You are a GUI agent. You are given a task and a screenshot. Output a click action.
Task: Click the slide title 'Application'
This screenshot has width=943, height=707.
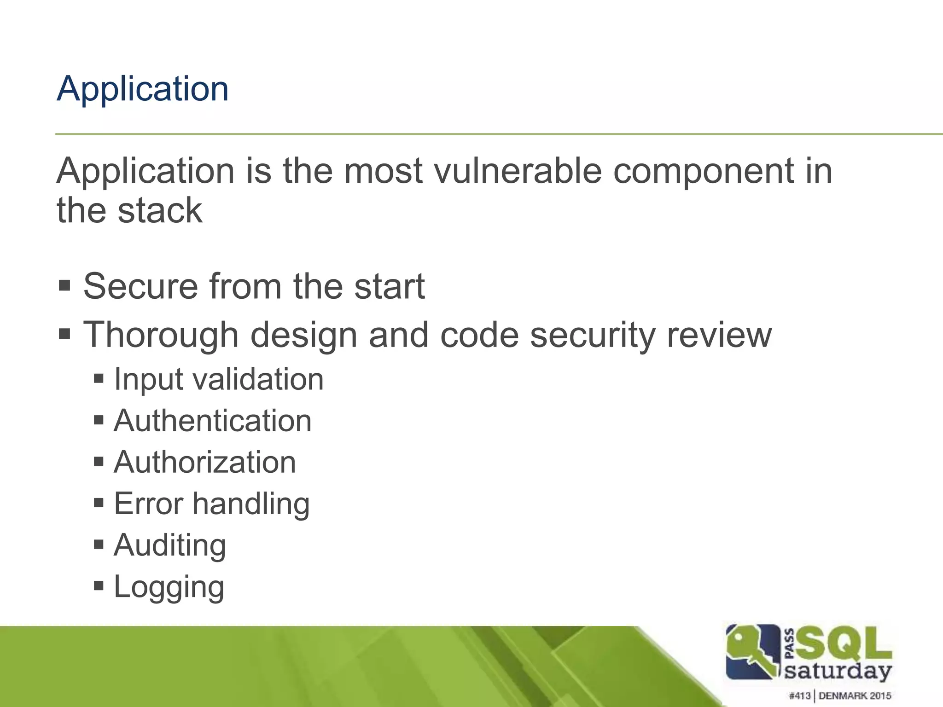(142, 89)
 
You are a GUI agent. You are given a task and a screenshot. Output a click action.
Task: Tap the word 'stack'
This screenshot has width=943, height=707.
(160, 211)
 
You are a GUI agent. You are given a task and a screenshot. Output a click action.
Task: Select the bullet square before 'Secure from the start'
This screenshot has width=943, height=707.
(64, 285)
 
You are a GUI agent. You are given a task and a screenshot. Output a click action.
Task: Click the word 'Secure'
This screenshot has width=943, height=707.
(140, 286)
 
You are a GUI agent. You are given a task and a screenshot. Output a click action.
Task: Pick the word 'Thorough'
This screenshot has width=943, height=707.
(161, 335)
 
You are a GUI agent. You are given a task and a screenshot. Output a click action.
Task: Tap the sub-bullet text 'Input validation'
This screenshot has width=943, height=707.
(219, 380)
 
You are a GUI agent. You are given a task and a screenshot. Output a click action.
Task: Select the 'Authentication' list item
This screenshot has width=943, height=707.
(213, 421)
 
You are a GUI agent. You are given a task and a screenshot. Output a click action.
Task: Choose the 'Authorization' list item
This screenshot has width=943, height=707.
(205, 462)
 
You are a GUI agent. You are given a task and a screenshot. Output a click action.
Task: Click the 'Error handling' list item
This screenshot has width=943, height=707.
(212, 504)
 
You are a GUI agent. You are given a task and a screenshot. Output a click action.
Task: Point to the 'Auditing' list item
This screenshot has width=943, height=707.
(170, 545)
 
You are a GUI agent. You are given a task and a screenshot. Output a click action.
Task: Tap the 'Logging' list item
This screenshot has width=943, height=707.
(169, 587)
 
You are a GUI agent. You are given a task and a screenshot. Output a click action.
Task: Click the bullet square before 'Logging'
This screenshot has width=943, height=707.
(99, 586)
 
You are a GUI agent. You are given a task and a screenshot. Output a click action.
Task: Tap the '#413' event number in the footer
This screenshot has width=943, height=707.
(800, 696)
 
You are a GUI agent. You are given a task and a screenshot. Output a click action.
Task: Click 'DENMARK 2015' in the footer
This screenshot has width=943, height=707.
(855, 696)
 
